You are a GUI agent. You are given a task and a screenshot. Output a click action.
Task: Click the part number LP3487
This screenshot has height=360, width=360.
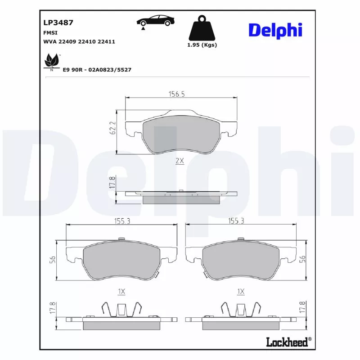pos(58,22)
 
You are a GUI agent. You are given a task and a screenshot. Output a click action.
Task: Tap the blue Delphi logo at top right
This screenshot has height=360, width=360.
pos(275,31)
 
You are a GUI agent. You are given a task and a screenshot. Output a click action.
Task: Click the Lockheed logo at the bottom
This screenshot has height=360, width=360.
pos(289,342)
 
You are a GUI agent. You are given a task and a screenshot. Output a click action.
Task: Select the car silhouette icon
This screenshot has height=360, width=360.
pos(155,20)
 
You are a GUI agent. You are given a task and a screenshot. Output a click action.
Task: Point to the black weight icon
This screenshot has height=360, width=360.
pos(202,28)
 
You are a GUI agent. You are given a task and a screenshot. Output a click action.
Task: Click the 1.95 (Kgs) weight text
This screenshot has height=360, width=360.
pos(202,45)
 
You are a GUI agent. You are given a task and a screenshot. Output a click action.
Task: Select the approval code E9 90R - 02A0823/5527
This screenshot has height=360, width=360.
pos(97,70)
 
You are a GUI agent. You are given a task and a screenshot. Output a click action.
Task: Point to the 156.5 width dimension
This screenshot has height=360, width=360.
pos(176,94)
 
